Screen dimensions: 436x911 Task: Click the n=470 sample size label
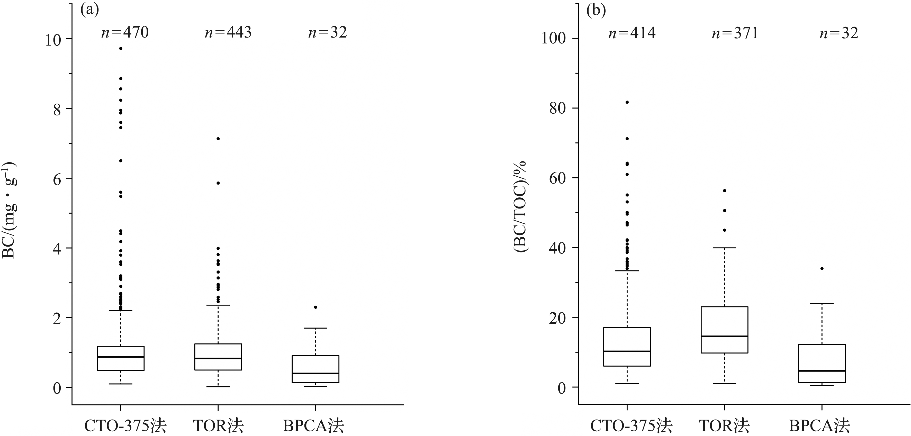pos(125,33)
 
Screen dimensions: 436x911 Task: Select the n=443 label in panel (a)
pos(228,33)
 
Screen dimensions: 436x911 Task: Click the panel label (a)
pos(89,11)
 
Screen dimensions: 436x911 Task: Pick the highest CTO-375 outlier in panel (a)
pos(121,48)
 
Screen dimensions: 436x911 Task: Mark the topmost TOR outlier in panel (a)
pos(218,139)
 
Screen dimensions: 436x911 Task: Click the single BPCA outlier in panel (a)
pos(315,307)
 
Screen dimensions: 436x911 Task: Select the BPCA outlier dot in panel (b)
pos(822,268)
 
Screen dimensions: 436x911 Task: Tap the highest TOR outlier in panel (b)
pos(724,190)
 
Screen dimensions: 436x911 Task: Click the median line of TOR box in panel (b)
pos(724,336)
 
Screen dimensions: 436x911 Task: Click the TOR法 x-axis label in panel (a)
pos(218,426)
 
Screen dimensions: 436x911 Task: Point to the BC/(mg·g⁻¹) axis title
pos(10,210)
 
